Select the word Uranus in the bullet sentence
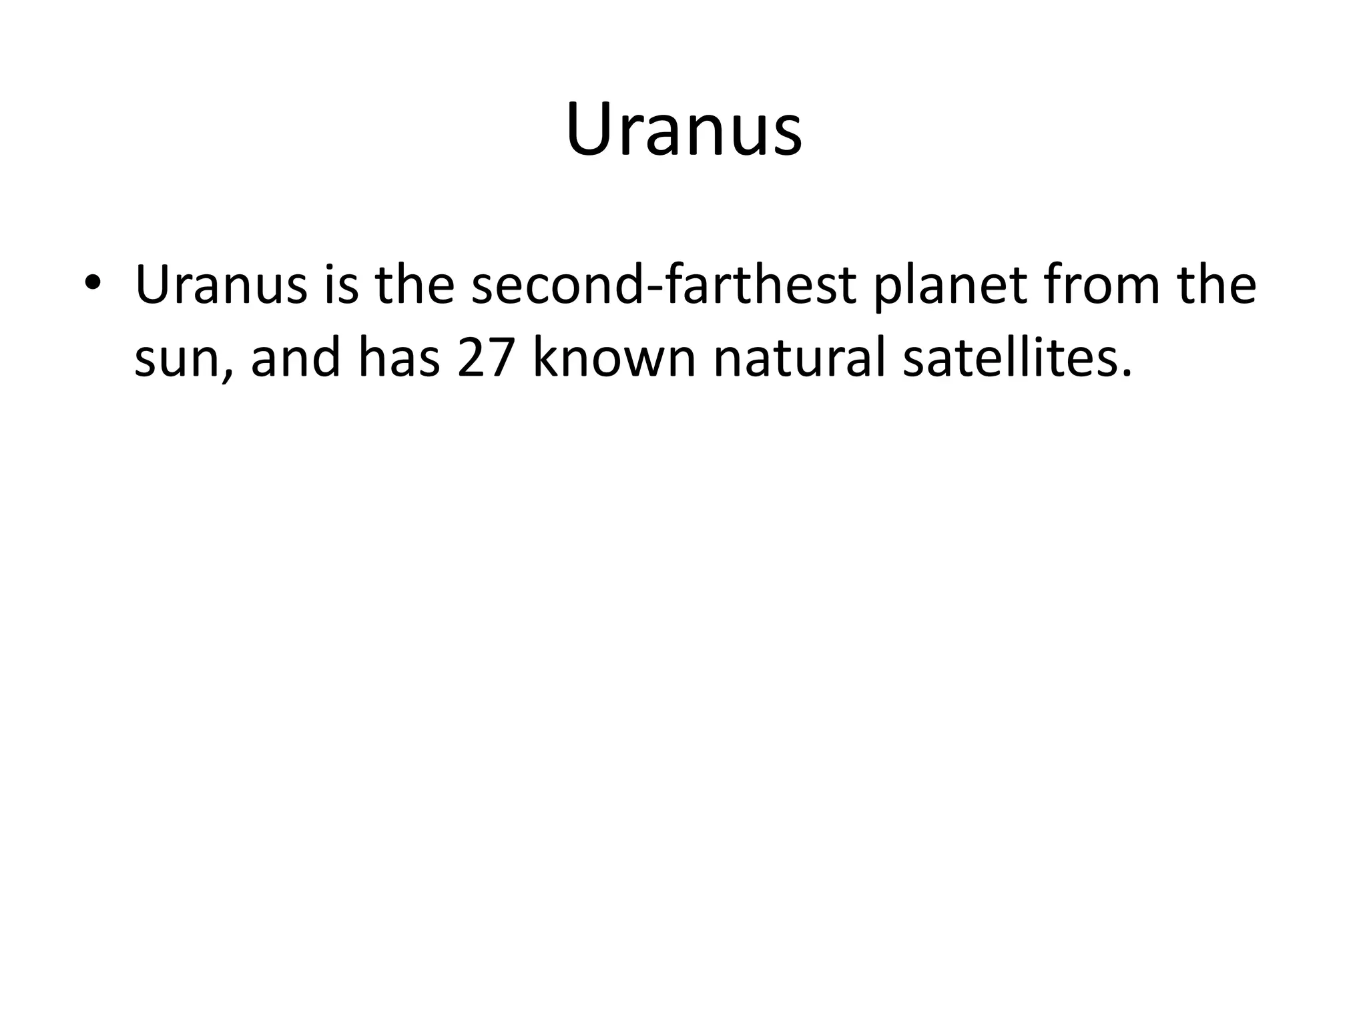click(x=221, y=285)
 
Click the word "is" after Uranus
click(x=341, y=285)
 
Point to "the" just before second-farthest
click(x=415, y=285)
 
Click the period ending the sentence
click(x=1127, y=375)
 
